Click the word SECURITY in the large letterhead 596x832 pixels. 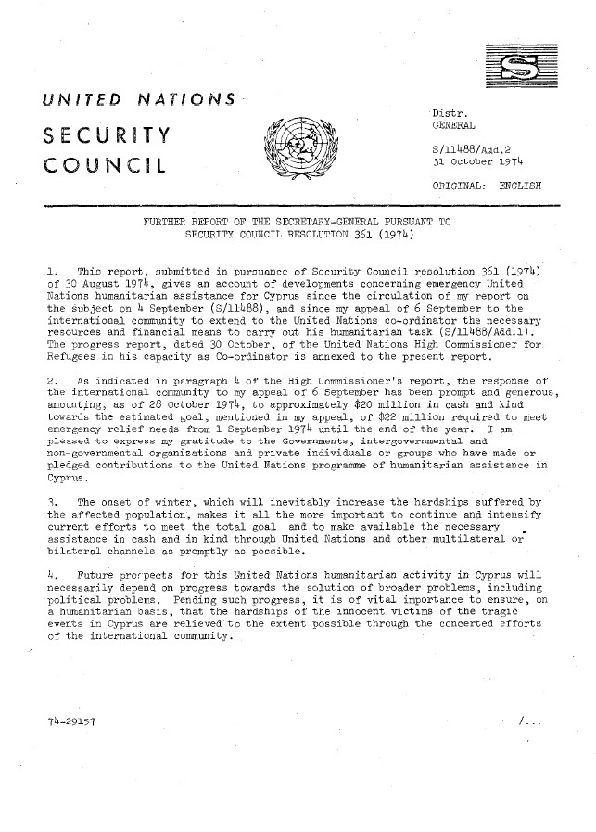(x=105, y=136)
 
